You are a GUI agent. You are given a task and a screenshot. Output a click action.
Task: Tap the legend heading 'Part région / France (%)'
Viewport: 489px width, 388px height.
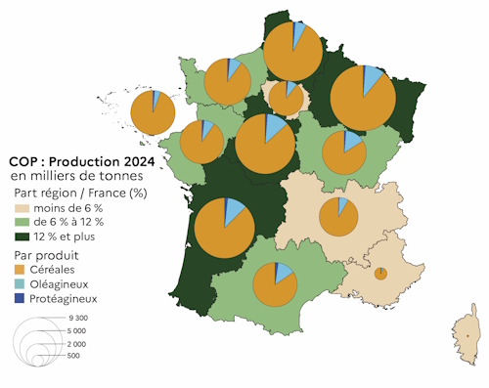[x=84, y=193]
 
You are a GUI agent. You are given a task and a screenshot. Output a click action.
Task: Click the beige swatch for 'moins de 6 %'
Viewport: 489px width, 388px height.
[x=20, y=208]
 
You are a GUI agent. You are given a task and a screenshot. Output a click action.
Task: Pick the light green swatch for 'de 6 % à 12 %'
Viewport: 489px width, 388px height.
[x=20, y=222]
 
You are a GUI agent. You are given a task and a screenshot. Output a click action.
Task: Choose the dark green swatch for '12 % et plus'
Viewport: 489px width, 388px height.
[x=20, y=237]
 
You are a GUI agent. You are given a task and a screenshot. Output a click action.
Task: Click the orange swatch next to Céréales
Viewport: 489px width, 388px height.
[x=20, y=270]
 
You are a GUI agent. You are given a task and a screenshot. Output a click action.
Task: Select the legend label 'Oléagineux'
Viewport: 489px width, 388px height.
[x=64, y=284]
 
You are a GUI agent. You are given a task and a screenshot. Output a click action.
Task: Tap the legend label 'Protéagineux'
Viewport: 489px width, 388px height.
[x=68, y=299]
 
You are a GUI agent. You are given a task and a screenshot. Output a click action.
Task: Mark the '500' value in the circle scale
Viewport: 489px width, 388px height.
[x=73, y=356]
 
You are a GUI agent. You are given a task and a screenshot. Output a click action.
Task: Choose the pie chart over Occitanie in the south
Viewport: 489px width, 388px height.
[x=275, y=284]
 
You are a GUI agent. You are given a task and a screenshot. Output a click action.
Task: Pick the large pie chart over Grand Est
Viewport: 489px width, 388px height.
[x=363, y=99]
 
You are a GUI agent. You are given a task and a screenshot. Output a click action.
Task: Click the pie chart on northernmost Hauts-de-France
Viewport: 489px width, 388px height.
[x=292, y=51]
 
